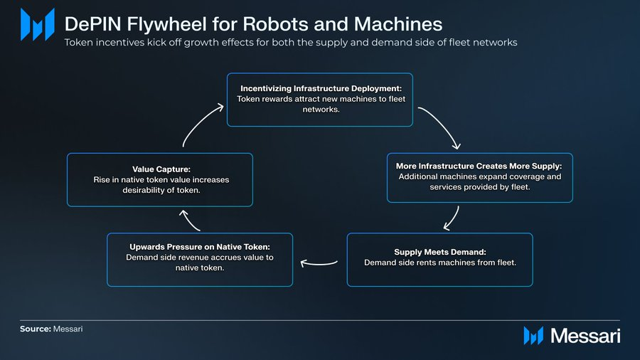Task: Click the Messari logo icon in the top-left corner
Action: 37,24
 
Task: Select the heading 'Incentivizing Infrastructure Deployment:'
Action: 320,88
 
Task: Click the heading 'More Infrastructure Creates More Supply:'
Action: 479,166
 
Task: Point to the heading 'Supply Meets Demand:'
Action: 439,252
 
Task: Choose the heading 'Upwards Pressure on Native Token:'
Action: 200,246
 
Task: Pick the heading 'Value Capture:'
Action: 160,169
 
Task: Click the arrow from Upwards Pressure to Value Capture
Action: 191,221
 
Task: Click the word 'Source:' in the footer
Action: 35,330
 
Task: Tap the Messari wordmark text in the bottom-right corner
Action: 585,336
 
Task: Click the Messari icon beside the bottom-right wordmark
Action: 533,336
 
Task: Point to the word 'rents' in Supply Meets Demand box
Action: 437,263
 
